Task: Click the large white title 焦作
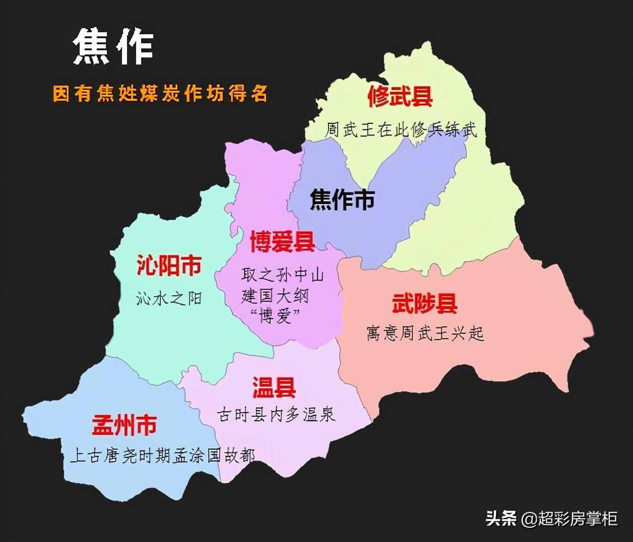(113, 46)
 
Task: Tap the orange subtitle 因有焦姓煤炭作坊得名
(160, 94)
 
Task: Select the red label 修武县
(400, 96)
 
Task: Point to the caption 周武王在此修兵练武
(401, 130)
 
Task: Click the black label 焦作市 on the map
(342, 199)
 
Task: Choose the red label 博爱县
(283, 241)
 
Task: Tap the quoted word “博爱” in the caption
(275, 316)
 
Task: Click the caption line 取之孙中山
(282, 275)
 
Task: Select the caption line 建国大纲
(275, 296)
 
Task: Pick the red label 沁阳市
(169, 265)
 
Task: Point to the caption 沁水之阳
(169, 299)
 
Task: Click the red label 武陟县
(425, 303)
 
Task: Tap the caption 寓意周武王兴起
(425, 333)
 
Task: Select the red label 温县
(274, 387)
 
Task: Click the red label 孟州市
(124, 426)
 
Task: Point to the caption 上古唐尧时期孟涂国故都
(162, 456)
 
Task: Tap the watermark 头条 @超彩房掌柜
(551, 518)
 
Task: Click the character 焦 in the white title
(92, 46)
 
